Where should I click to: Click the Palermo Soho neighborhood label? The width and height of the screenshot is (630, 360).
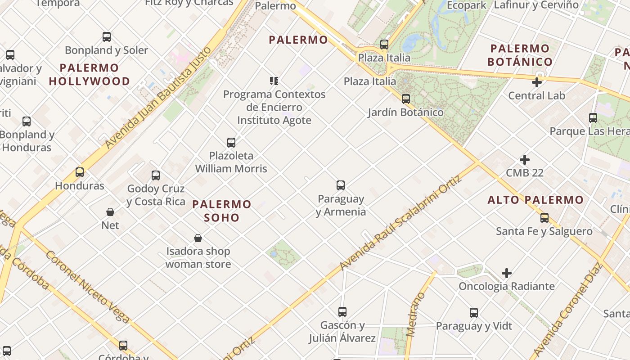coord(222,211)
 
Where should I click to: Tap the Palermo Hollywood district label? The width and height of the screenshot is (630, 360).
coord(90,75)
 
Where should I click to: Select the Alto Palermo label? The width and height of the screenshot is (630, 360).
coord(535,200)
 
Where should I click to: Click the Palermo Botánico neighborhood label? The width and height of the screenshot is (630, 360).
coord(520,55)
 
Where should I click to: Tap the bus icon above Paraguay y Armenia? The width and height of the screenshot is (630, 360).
coord(341,185)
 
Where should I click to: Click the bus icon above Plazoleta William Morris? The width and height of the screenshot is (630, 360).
coord(231,142)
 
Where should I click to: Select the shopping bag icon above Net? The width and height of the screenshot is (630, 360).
coord(110,211)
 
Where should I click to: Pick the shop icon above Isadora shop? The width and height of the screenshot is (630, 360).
coord(198,238)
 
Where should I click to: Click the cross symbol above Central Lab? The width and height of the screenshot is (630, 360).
coord(536,82)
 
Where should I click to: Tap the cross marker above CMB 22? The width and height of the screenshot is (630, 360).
coord(524,160)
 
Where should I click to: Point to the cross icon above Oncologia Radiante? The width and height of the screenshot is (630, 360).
coord(507,273)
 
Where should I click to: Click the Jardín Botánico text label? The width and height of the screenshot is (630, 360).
coord(405,112)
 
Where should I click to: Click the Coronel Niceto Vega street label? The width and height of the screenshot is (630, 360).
coord(87,287)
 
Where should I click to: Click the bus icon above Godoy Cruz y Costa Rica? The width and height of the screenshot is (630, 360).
coord(156,175)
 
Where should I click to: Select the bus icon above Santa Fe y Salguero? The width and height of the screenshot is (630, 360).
coord(544,218)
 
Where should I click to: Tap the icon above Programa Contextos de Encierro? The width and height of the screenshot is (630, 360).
coord(274,81)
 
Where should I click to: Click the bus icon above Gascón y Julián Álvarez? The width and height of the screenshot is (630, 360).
coord(342,311)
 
